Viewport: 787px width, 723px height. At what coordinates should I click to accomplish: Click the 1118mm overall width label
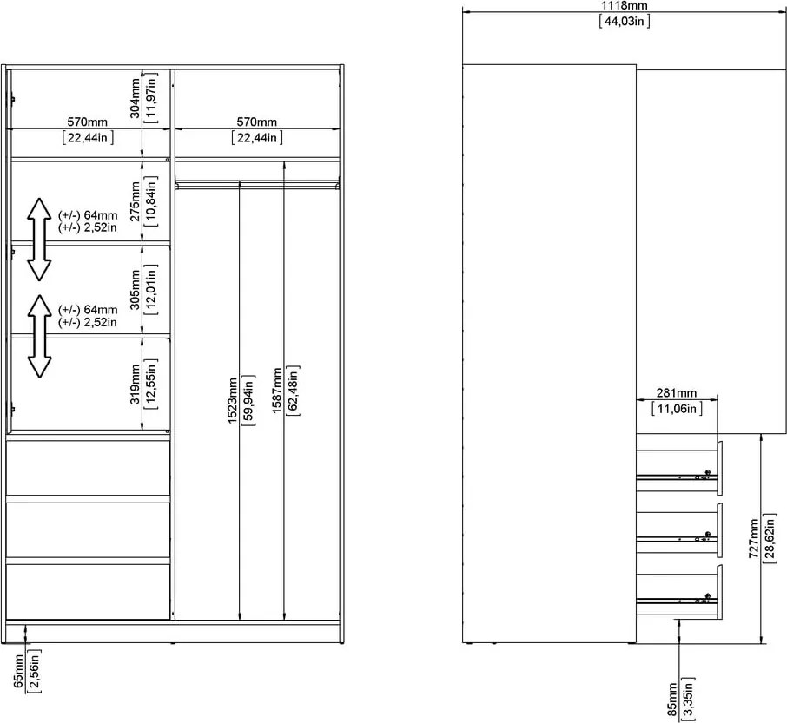625,6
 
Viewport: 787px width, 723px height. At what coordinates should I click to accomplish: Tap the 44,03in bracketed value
625,22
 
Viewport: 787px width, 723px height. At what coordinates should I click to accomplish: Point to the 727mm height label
755,540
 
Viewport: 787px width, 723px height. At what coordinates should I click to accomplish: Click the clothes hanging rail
257,183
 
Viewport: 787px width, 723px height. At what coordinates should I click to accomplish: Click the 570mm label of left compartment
88,122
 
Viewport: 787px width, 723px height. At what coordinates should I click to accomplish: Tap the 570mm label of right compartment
257,122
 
